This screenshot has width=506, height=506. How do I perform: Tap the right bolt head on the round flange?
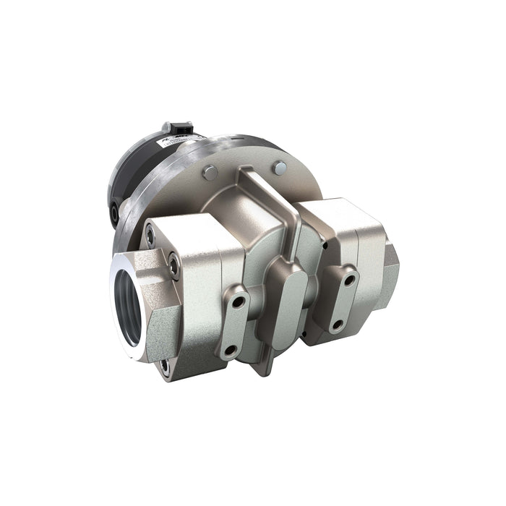pos(277,168)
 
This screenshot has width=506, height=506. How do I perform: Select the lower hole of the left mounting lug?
pos(230,350)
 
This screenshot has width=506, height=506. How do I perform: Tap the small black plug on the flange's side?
pos(116,211)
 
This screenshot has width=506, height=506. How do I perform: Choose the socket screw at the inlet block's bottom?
pos(165,366)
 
